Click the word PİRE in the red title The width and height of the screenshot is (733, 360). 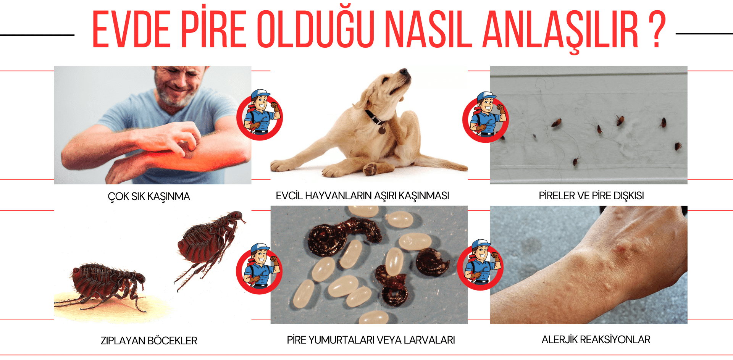[213, 30]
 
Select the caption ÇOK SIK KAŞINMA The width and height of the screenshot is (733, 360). [149, 197]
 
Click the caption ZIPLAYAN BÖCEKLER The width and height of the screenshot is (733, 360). [149, 341]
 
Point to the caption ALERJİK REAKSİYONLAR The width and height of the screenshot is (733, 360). [596, 339]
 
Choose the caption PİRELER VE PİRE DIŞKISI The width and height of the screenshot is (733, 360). [591, 196]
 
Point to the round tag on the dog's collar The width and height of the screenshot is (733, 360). [381, 131]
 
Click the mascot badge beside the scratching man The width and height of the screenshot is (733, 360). [260, 115]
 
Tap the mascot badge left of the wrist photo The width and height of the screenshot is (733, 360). [481, 265]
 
